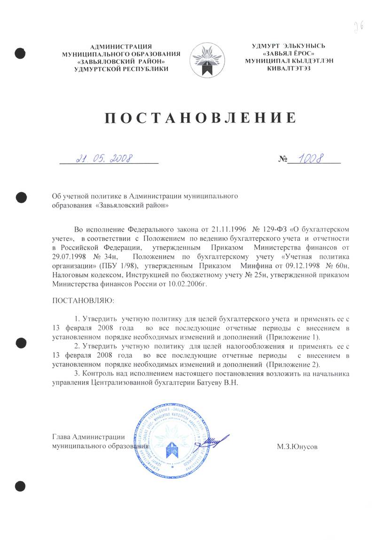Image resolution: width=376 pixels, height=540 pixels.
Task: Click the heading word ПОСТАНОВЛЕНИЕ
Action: [200, 117]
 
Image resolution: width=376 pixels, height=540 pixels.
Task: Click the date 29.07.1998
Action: [69, 257]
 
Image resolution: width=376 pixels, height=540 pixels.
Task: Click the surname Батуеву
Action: [208, 383]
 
